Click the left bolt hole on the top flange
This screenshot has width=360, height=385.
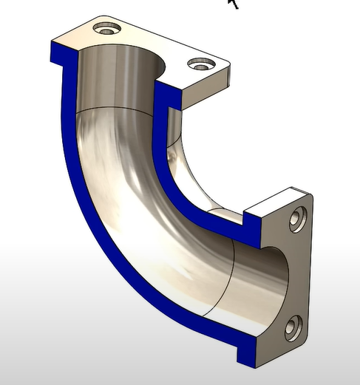click(108, 29)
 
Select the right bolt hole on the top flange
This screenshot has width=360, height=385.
click(200, 65)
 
